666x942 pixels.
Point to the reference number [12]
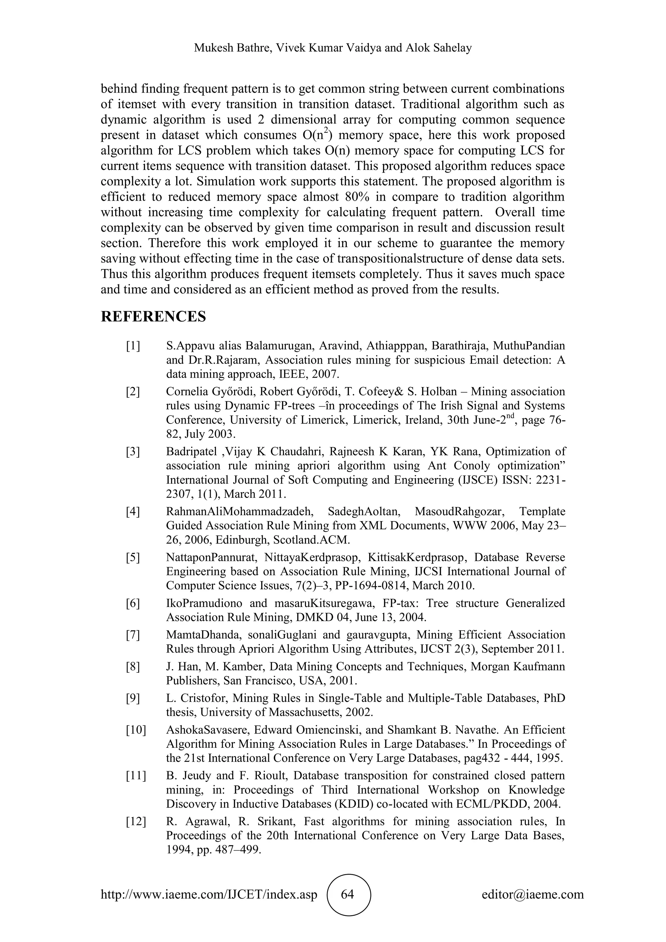136,822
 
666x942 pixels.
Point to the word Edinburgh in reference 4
238,540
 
